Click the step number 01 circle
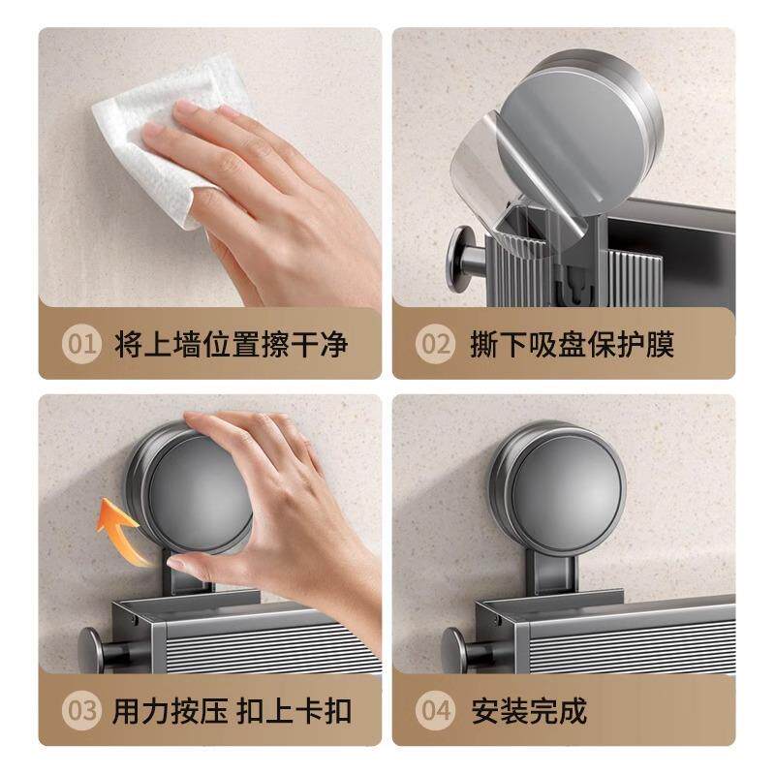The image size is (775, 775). pyautogui.click(x=82, y=344)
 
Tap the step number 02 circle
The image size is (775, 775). pyautogui.click(x=435, y=344)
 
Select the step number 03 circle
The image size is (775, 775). pyautogui.click(x=82, y=711)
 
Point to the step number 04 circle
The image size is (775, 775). pyautogui.click(x=435, y=711)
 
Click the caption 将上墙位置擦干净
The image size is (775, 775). pyautogui.click(x=231, y=344)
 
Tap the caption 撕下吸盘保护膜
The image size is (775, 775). pyautogui.click(x=572, y=344)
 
